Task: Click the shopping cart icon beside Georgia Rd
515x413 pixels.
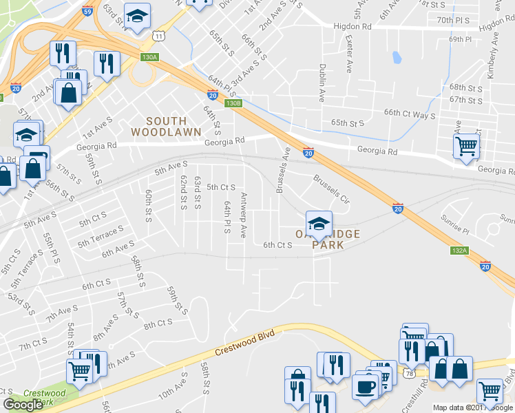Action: (x=466, y=146)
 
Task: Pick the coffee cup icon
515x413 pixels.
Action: (x=365, y=385)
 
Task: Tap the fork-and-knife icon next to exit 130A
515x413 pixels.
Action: (x=107, y=64)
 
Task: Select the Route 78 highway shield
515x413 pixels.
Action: (x=410, y=373)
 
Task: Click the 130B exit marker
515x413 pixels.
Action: (x=233, y=103)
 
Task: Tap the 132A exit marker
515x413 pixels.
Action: (x=460, y=251)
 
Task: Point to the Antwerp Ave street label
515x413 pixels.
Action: (x=243, y=215)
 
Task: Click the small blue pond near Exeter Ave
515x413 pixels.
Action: (x=395, y=57)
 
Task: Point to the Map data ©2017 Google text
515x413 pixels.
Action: (x=473, y=407)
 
